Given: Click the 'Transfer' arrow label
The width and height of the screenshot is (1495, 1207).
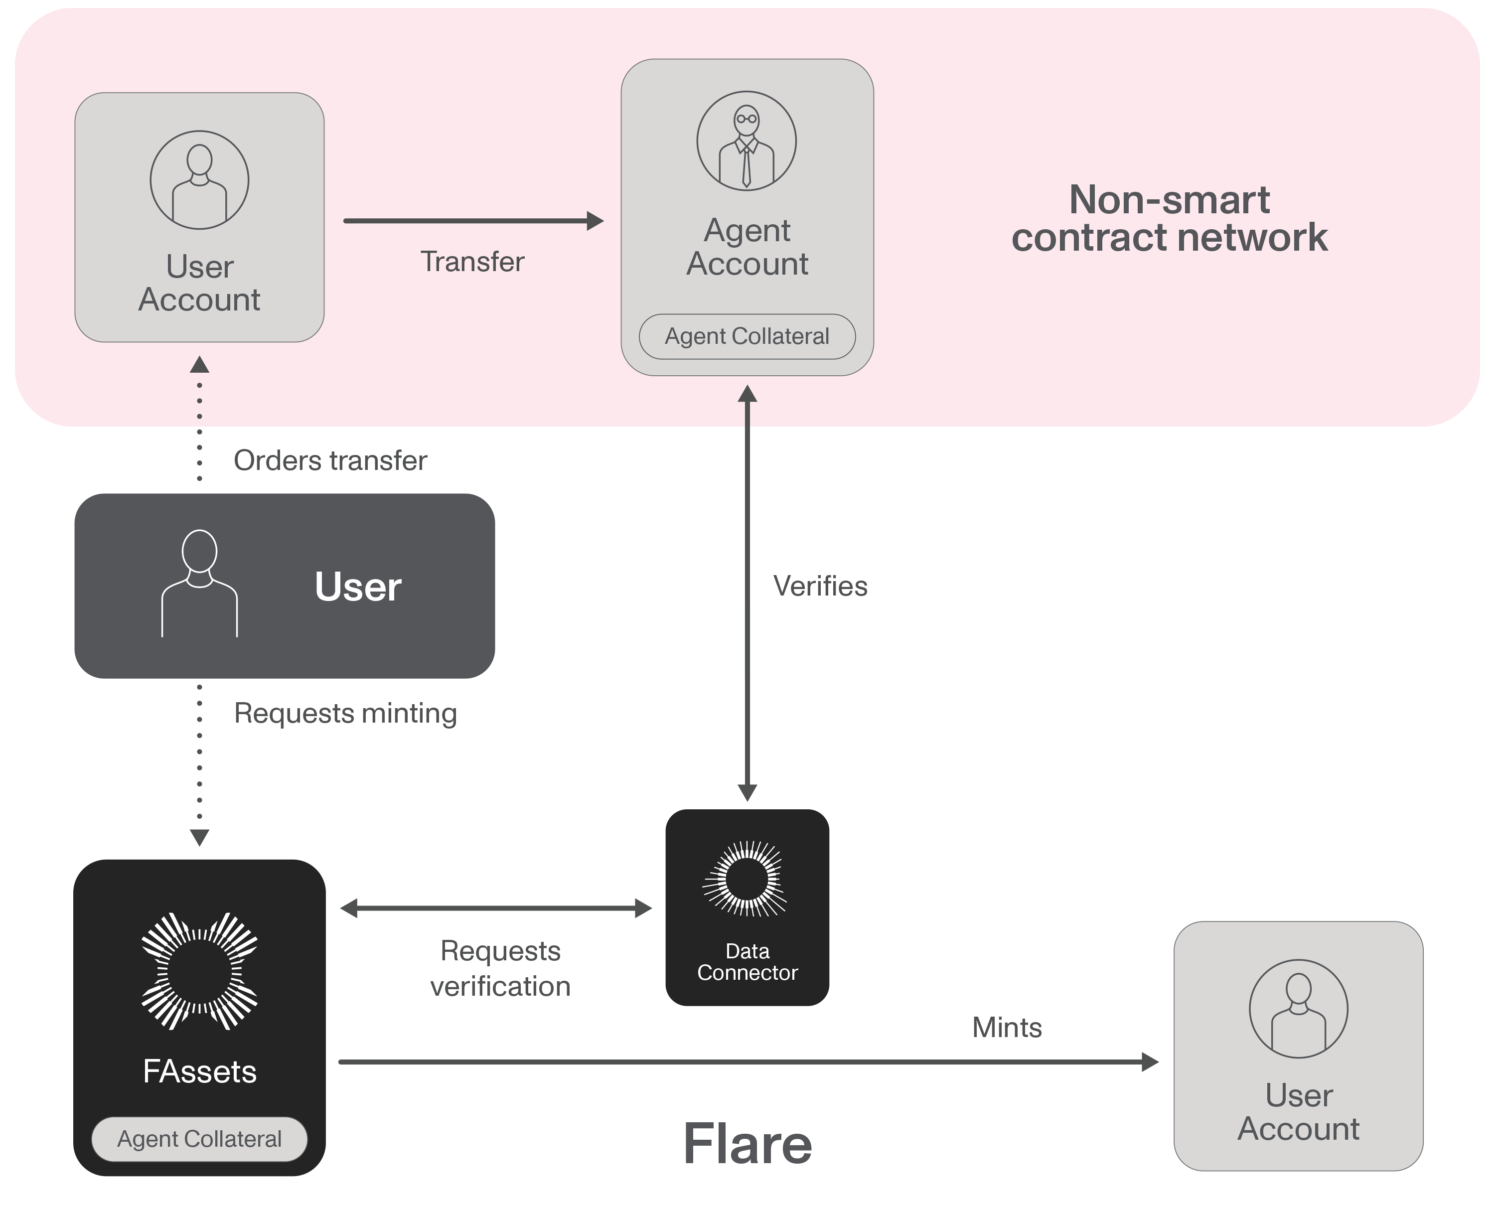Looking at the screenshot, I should coord(472,262).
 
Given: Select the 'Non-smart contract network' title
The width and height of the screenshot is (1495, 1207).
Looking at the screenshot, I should coord(1170,219).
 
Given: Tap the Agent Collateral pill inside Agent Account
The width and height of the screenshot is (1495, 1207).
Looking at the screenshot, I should coord(747,336).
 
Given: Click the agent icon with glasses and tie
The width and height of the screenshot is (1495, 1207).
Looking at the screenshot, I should coord(747,141).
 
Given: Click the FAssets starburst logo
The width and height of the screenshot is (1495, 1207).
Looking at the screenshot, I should coord(199,971).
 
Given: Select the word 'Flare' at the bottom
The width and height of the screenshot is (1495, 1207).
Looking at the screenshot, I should coord(747,1144).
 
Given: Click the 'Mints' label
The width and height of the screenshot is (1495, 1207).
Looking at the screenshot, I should coord(1007,1028).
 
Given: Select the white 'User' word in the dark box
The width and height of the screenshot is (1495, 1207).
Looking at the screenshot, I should coord(358,587).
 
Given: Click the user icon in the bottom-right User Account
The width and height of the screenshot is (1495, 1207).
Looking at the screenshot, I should coord(1298,1009).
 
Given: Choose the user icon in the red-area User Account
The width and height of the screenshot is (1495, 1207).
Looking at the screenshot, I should coord(199,180).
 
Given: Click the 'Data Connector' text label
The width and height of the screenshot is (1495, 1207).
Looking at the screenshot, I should coord(747,962).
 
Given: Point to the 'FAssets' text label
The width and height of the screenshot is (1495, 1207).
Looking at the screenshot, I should coord(199,1071).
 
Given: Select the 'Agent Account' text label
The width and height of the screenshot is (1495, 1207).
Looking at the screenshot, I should coord(747,248).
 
